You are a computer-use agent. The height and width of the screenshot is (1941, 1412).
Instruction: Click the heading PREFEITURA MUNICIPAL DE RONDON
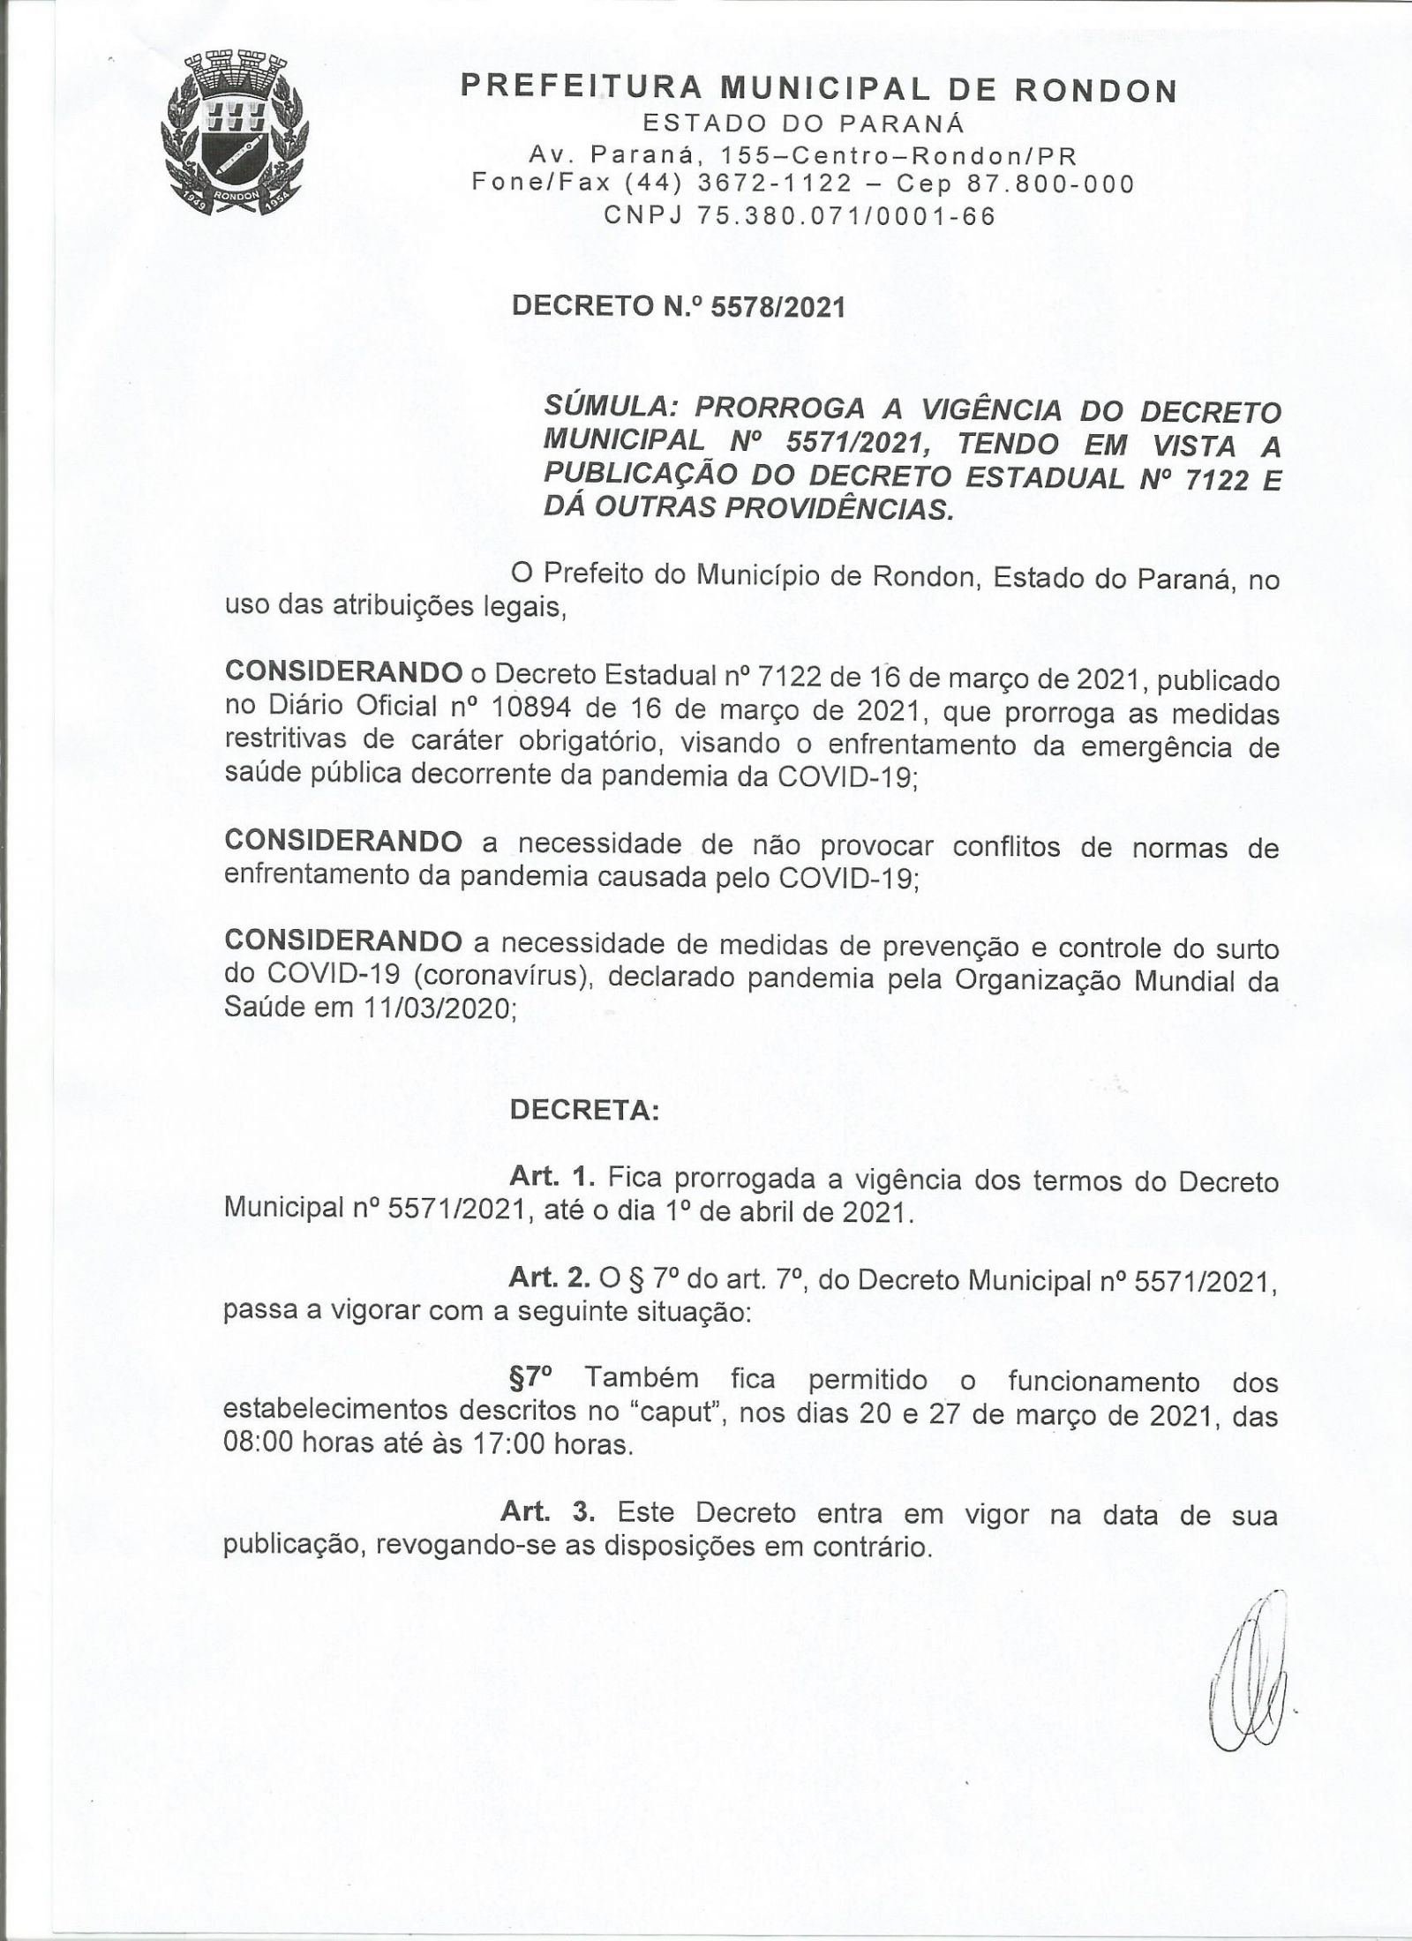click(x=820, y=90)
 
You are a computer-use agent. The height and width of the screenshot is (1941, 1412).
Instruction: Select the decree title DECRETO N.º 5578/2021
click(x=679, y=307)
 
